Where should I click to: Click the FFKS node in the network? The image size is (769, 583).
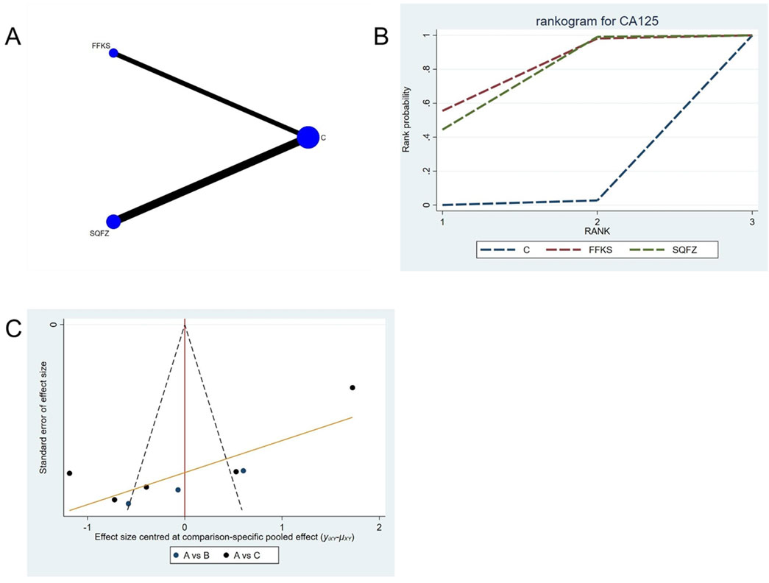point(113,53)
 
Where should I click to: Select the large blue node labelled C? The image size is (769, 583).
point(308,137)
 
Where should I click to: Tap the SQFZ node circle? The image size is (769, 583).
point(113,221)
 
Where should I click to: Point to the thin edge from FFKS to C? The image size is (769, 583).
point(210,94)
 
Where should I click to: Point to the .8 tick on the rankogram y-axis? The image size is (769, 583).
point(425,69)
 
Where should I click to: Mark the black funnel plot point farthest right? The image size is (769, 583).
point(352,388)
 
